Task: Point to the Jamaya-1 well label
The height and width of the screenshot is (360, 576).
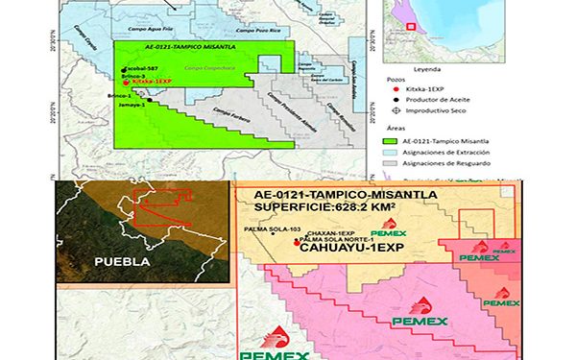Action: pos(129,105)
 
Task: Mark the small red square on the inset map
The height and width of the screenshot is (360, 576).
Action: pos(412,24)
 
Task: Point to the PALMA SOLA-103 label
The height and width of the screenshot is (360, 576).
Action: pos(274,229)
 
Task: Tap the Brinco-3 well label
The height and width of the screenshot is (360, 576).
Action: pos(135,77)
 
